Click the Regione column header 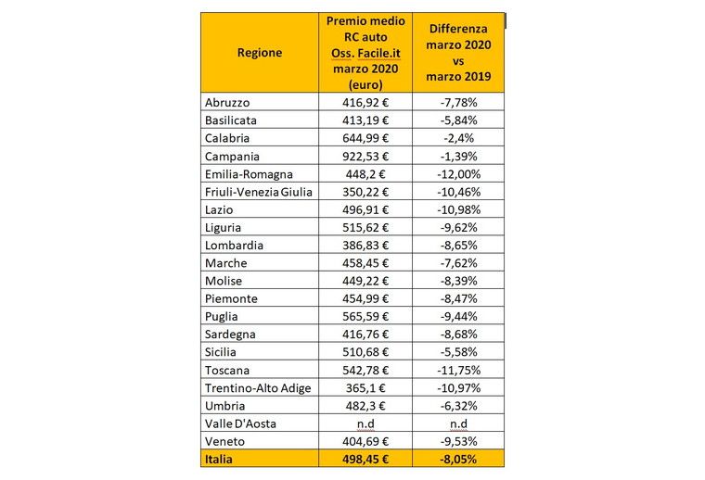click(x=260, y=53)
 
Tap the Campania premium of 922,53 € click(x=365, y=157)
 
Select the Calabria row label click(x=227, y=138)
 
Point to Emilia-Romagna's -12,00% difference click(x=458, y=174)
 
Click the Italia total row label click(x=219, y=460)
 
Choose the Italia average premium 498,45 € click(x=365, y=460)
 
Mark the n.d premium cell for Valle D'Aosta click(x=365, y=423)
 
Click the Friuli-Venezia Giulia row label click(x=259, y=192)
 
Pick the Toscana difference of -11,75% click(x=458, y=370)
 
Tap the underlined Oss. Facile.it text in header click(x=365, y=54)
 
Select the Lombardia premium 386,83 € click(x=365, y=246)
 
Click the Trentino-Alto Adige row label click(x=258, y=388)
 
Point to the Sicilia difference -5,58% click(x=458, y=352)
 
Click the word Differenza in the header click(x=458, y=29)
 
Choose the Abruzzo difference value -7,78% click(x=458, y=102)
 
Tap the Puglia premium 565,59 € click(x=365, y=317)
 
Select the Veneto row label click(x=224, y=441)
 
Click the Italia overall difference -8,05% click(x=458, y=460)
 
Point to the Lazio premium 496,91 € click(x=365, y=209)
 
